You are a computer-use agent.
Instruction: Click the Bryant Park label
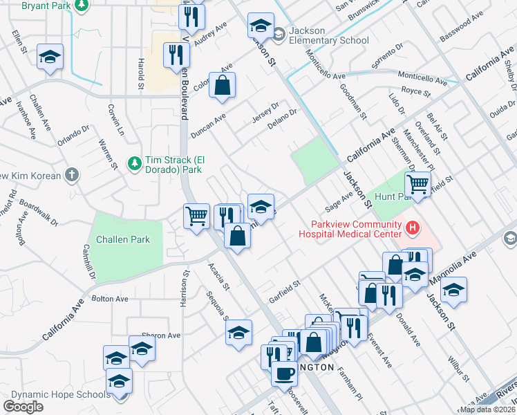(46, 6)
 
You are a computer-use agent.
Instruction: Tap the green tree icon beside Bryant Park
(82, 6)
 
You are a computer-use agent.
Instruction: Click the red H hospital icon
(413, 227)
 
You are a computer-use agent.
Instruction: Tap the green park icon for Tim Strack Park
(134, 164)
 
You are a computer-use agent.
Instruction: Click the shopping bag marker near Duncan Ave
(223, 86)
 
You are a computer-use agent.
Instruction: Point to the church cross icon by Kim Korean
(72, 175)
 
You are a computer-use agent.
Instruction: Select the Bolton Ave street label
(110, 299)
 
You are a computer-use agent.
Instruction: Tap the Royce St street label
(416, 91)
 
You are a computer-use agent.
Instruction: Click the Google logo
(23, 407)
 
